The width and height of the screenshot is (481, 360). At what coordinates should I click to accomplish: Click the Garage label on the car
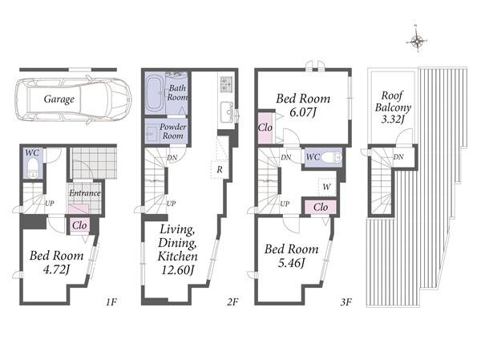click(59, 99)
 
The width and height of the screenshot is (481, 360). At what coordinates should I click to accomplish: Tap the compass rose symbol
click(417, 40)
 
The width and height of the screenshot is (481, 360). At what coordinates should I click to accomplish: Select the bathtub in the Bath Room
click(154, 93)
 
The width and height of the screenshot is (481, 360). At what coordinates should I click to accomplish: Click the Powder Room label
click(172, 131)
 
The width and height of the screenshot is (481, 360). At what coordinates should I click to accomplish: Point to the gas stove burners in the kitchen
click(226, 83)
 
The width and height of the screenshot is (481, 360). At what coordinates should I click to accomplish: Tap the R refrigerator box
click(220, 169)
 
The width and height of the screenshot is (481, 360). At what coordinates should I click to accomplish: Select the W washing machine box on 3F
click(327, 187)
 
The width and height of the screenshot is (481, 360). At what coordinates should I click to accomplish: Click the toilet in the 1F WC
click(32, 169)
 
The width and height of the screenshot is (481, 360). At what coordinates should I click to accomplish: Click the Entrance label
click(85, 192)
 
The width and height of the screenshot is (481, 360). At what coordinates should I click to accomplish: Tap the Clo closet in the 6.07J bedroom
click(265, 127)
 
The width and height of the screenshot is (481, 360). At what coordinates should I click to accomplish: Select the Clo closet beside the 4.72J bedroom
click(79, 225)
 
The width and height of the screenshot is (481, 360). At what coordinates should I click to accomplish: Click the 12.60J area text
click(178, 270)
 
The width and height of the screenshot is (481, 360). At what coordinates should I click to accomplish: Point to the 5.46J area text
click(292, 263)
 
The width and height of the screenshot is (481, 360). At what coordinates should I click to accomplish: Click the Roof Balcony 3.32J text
click(393, 107)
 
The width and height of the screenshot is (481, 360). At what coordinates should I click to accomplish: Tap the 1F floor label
click(111, 302)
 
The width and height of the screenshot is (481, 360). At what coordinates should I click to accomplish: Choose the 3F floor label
click(346, 302)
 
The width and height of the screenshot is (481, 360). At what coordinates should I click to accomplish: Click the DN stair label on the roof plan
click(398, 157)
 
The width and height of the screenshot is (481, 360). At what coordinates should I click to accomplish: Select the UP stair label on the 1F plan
click(50, 203)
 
